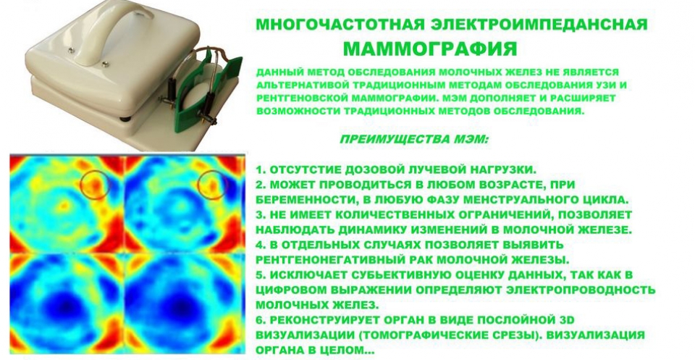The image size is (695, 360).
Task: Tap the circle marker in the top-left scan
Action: coord(95,183)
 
